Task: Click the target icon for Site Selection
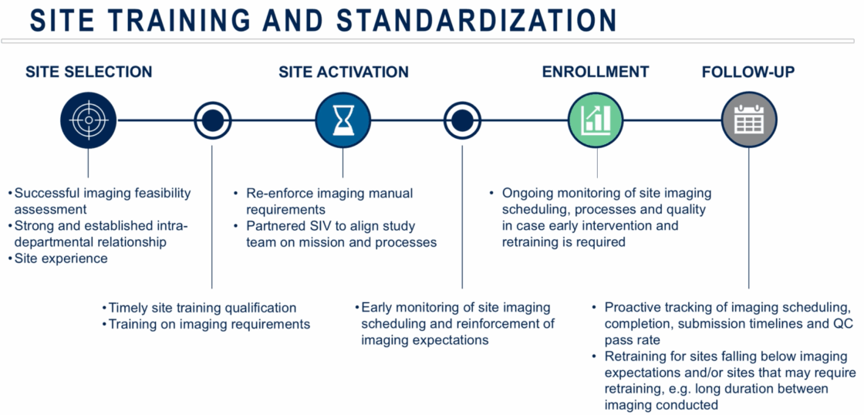point(88,120)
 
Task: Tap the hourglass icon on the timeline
point(343,120)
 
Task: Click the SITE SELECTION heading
point(89,73)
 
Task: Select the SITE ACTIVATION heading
point(344,73)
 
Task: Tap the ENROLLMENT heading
point(596,73)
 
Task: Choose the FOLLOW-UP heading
point(748,73)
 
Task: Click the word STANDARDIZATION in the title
point(478,21)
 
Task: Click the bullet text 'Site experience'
point(61,258)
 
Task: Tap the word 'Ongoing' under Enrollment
point(527,194)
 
